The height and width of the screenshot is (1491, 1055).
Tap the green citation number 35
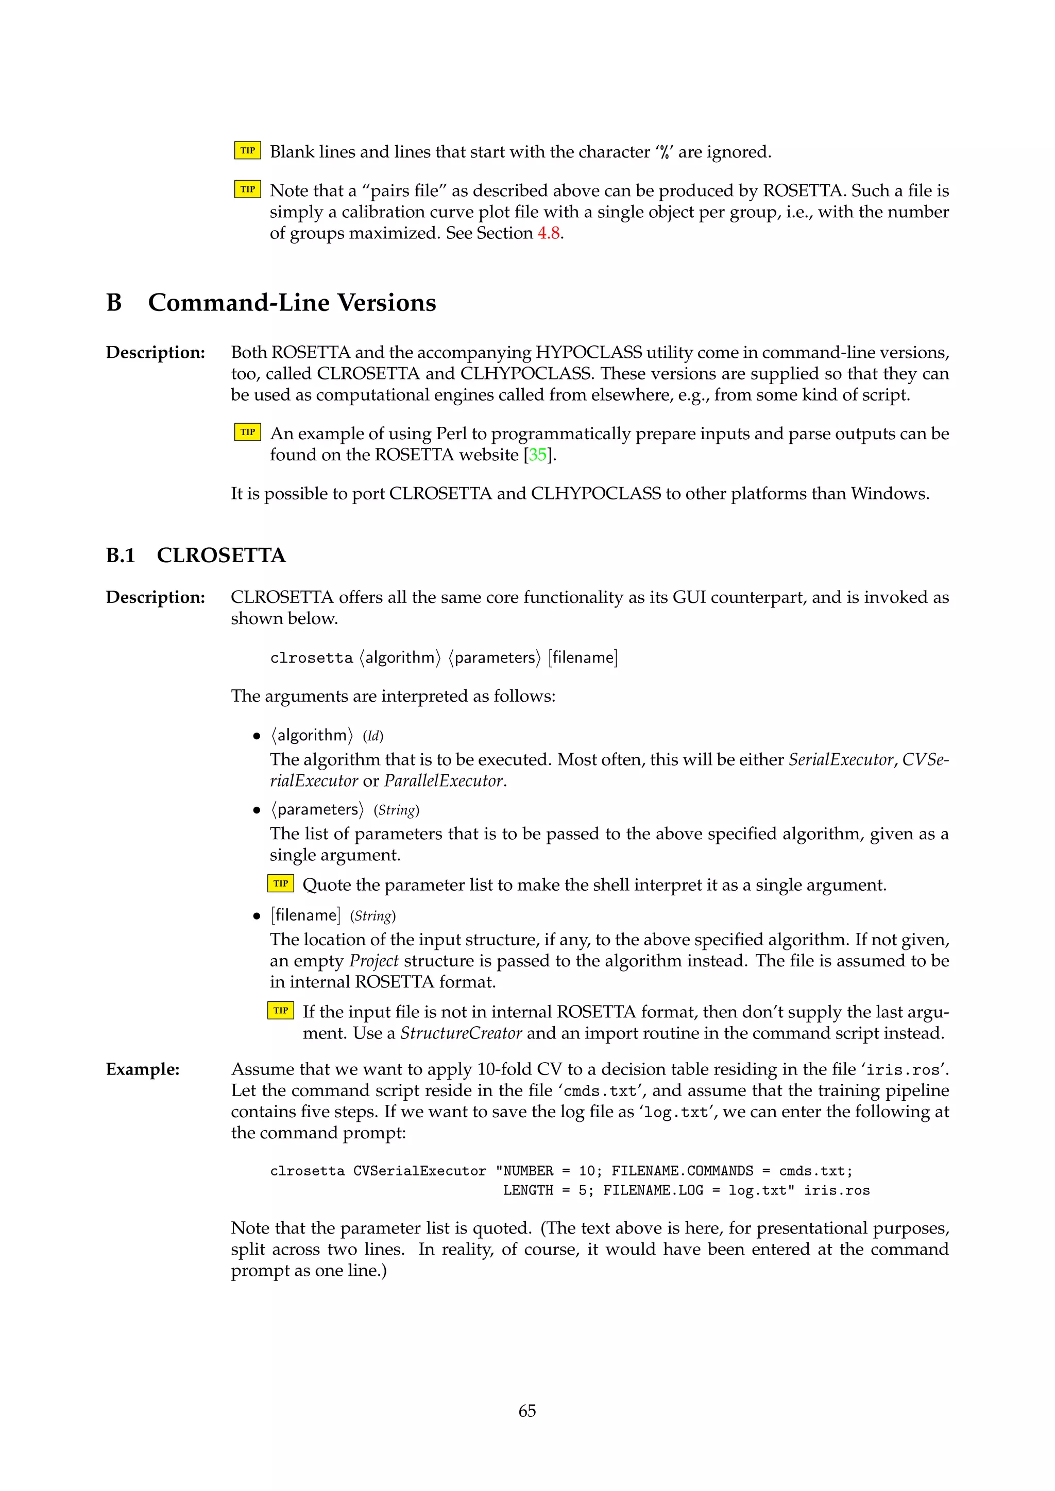[537, 455]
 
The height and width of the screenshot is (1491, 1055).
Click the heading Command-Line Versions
[292, 303]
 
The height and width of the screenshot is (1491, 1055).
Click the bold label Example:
[142, 1069]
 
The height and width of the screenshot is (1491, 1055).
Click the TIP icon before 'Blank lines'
[247, 151]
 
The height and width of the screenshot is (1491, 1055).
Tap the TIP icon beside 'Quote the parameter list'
[281, 884]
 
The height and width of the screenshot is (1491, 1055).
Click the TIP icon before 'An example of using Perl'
[247, 432]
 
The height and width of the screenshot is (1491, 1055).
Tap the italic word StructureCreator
[461, 1033]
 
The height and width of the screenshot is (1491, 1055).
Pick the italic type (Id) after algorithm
[373, 736]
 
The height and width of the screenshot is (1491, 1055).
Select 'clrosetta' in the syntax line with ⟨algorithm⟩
[311, 658]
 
